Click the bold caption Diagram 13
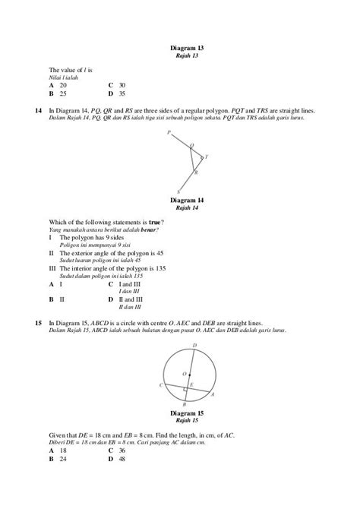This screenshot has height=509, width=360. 187,49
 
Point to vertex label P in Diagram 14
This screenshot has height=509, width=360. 169,131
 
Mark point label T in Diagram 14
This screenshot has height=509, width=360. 207,156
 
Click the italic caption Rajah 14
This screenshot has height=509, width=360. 187,207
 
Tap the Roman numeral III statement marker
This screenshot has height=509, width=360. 52,268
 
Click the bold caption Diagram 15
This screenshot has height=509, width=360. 187,413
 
